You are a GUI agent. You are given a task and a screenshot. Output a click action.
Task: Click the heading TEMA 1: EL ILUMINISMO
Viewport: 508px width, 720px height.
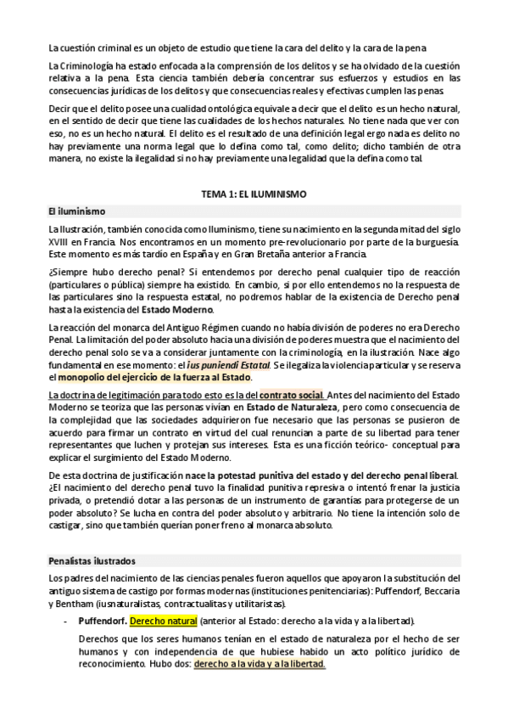254,194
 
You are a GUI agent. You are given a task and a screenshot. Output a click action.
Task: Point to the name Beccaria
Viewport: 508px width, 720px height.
440,590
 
